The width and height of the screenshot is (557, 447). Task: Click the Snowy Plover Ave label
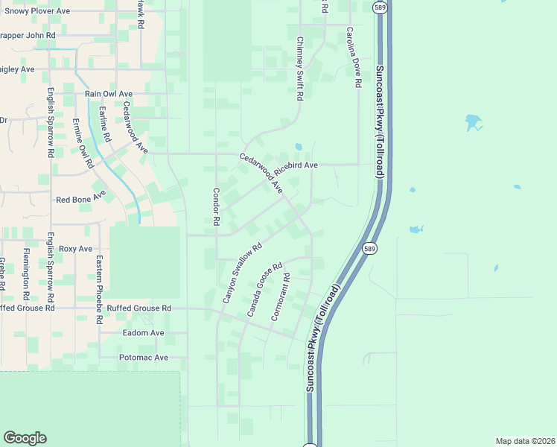[x=37, y=11]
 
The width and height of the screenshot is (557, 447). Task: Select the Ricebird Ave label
[x=296, y=165]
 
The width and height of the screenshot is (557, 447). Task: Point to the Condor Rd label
[x=216, y=206]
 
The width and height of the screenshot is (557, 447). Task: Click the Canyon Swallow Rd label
[x=243, y=273]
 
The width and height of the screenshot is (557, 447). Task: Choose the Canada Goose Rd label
[x=265, y=290]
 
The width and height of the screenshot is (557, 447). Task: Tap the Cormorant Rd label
[x=280, y=297]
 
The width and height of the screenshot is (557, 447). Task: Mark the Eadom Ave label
[x=143, y=333]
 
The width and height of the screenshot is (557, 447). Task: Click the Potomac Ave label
[x=144, y=358]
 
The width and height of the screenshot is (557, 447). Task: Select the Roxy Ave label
[x=75, y=249]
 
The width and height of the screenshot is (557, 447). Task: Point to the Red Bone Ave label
[x=81, y=200]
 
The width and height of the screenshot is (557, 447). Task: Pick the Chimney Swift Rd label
[x=299, y=69]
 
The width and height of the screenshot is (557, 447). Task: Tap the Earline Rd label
[x=104, y=124]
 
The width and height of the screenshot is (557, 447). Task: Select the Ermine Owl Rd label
[x=82, y=142]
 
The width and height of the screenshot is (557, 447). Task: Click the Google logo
[x=25, y=438]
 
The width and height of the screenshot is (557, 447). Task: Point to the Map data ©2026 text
[x=525, y=441]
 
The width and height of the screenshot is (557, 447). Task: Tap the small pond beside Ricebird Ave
[x=299, y=147]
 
